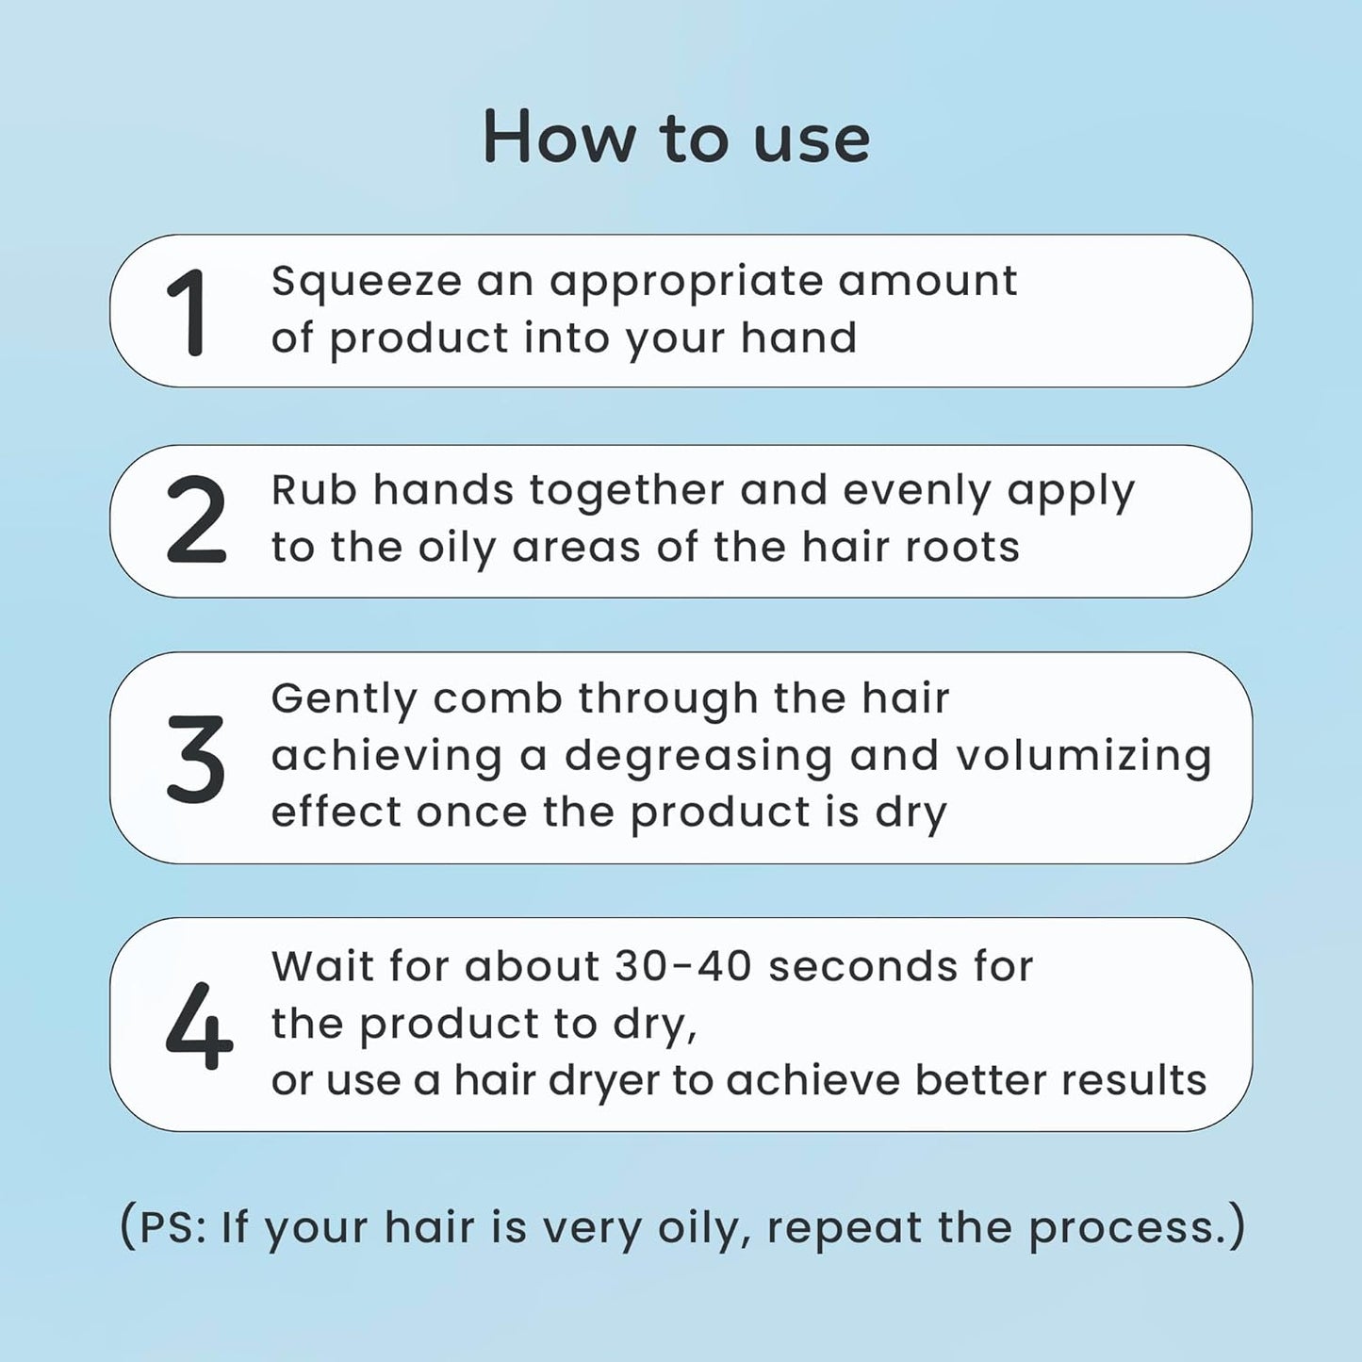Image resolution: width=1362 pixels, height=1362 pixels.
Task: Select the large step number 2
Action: [196, 519]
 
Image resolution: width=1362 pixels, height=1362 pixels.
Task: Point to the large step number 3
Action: [196, 759]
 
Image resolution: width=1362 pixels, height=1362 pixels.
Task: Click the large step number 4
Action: [198, 1026]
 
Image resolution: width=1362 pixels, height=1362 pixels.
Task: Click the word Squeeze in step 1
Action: [366, 282]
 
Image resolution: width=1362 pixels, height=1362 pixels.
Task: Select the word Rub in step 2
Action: [311, 490]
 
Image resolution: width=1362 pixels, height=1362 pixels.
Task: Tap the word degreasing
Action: [698, 756]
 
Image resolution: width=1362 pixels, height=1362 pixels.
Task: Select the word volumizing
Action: [1083, 756]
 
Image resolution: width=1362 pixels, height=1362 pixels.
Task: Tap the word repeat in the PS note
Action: [844, 1228]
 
